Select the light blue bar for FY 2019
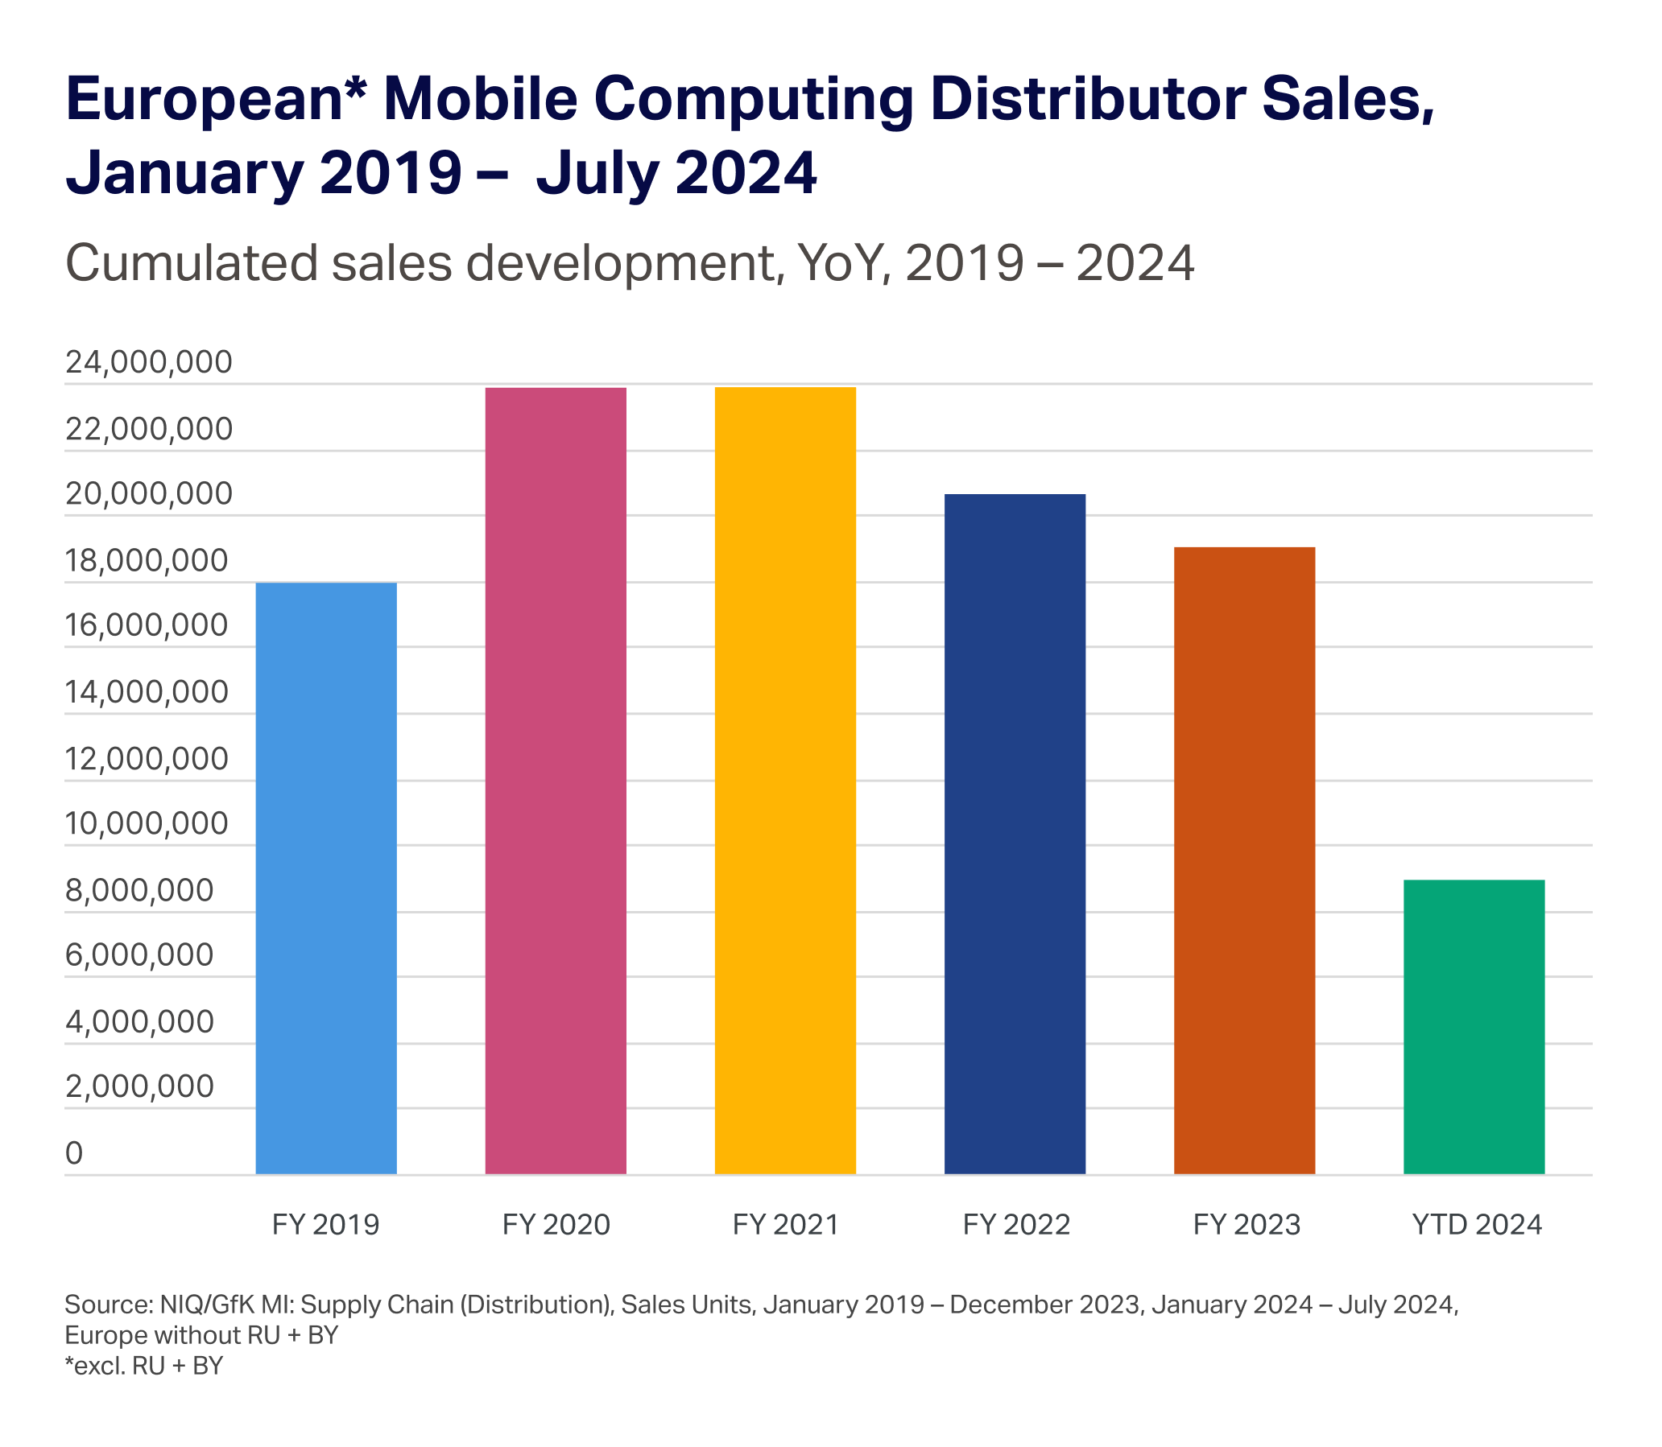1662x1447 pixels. click(x=326, y=878)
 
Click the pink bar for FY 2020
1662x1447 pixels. click(x=556, y=781)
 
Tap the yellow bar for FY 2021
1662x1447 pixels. click(x=785, y=781)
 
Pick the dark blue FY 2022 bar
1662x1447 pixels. click(x=1015, y=834)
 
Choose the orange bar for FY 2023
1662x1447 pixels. click(x=1244, y=861)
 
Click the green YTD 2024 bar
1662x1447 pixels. click(x=1474, y=1027)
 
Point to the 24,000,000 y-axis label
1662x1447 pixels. click(x=149, y=364)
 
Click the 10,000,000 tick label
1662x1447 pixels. click(x=147, y=823)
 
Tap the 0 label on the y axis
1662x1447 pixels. click(x=73, y=1154)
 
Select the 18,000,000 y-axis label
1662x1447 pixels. click(x=147, y=561)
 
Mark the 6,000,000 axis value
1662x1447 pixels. click(x=139, y=955)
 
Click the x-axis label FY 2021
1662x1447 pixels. click(x=785, y=1225)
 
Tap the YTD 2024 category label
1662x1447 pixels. click(x=1477, y=1225)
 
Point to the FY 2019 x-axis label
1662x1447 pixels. click(x=325, y=1225)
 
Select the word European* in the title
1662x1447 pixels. click(x=214, y=99)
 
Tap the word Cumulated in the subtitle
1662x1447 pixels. click(x=192, y=263)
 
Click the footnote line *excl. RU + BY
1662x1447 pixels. click(x=144, y=1366)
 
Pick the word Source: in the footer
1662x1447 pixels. click(x=108, y=1305)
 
